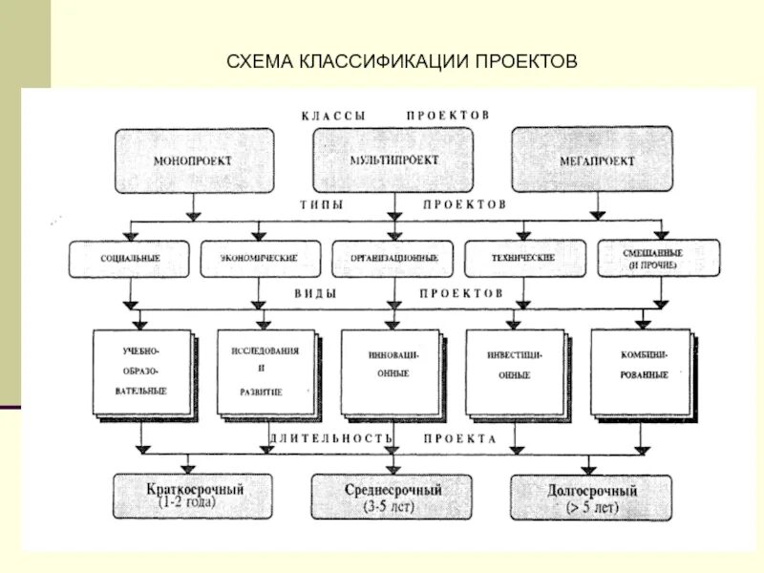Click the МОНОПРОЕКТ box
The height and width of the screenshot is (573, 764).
tap(192, 160)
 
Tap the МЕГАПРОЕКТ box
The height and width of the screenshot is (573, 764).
tap(596, 160)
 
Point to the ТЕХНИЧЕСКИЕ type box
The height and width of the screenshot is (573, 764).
tap(521, 259)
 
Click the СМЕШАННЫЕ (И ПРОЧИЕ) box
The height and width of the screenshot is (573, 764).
tap(658, 259)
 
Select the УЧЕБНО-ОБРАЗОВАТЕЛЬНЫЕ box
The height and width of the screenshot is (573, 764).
tap(144, 371)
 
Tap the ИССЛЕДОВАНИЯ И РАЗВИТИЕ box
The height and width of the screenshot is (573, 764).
tap(265, 371)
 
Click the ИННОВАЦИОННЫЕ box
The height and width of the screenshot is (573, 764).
tap(393, 371)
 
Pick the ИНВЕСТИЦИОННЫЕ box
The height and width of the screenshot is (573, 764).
tap(517, 371)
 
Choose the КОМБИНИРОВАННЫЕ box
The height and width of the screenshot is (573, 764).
tap(642, 371)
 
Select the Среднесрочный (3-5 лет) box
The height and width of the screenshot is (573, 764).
tap(393, 496)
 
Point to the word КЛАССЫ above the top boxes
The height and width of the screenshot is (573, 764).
tap(333, 116)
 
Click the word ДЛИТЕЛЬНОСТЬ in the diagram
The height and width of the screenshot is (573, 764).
tap(330, 438)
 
